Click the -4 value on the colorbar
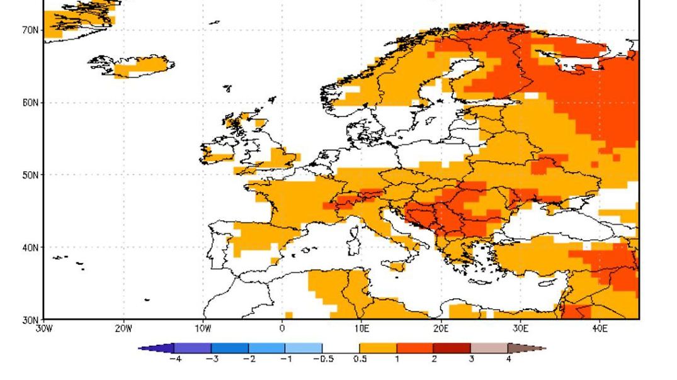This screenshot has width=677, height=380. (175, 359)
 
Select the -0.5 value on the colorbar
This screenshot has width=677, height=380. (322, 359)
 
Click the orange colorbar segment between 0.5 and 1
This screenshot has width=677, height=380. (378, 348)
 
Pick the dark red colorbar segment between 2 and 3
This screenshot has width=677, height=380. (452, 348)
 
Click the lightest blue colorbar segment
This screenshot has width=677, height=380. (304, 348)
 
